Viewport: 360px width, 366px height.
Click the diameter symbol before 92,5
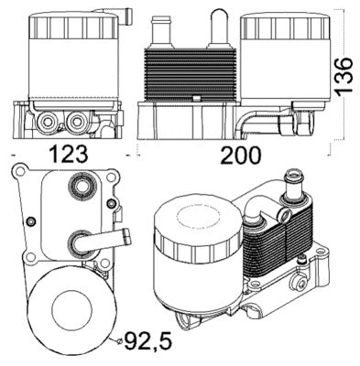[x=120, y=342]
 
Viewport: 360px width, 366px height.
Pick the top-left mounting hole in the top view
[x=20, y=171]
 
